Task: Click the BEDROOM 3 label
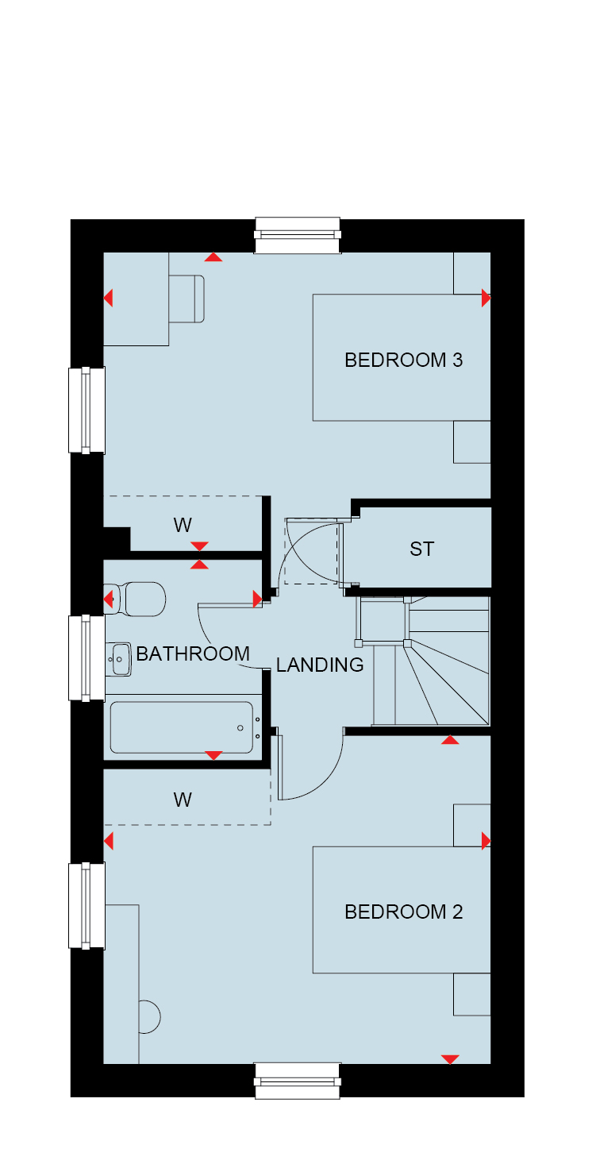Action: pos(403,360)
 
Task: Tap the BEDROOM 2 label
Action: pos(403,912)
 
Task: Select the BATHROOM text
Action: pos(193,653)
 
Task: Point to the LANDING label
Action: pos(319,665)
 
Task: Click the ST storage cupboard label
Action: pos(421,549)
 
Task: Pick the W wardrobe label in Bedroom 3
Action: pos(183,525)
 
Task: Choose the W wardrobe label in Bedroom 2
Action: pos(183,800)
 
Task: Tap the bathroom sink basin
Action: pos(118,660)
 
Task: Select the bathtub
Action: pos(182,727)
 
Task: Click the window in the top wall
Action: pos(298,235)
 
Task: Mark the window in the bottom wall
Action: pos(298,1081)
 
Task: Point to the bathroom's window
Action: pos(87,658)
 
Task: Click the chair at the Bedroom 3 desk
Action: pos(186,299)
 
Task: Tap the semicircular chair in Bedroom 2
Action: pos(149,1016)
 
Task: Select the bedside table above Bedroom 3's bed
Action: pos(472,273)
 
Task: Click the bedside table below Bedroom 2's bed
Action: pos(472,994)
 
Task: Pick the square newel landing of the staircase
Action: pos(383,621)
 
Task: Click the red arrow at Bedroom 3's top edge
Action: pos(213,257)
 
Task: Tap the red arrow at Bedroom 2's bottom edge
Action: pos(450,1059)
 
